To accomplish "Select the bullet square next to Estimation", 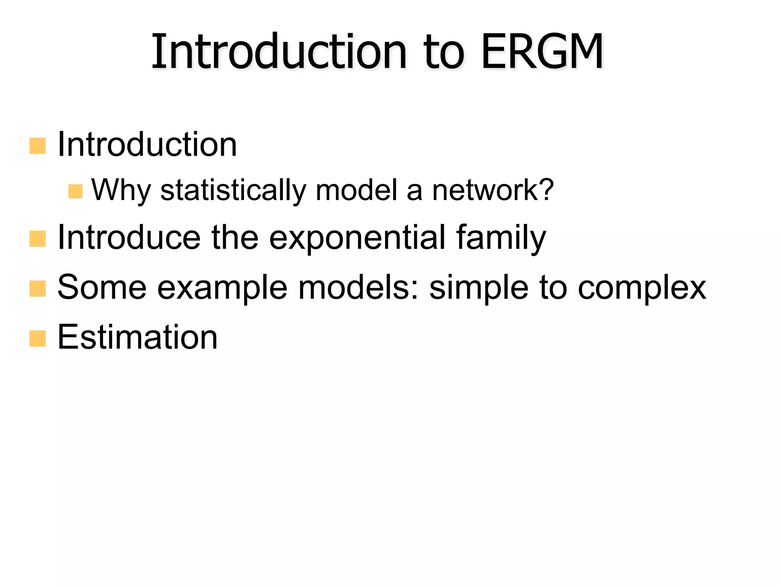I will [x=37, y=338].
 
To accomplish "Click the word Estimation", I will [x=137, y=337].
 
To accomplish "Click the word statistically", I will [x=233, y=190].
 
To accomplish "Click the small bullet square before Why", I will [x=75, y=192].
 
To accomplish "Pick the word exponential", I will [x=357, y=238].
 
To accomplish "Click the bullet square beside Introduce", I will [x=37, y=239].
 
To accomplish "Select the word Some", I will [x=102, y=288].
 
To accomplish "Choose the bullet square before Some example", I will [x=37, y=288].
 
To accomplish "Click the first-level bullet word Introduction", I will [x=147, y=145].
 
